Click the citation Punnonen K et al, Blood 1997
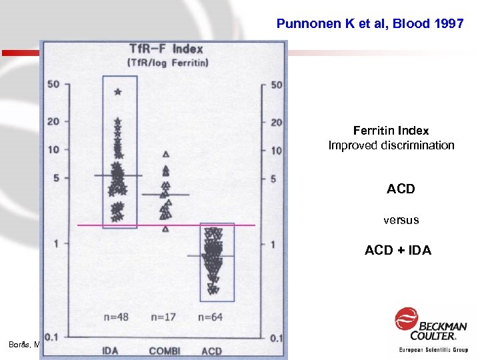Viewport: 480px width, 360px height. [370, 24]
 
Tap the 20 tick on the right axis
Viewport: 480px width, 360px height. [277, 122]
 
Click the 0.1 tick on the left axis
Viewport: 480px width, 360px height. [53, 338]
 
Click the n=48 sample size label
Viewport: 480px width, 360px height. [117, 316]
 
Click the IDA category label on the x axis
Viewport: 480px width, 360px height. [111, 349]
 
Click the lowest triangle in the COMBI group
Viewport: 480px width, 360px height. [165, 229]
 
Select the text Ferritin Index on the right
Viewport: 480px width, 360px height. [391, 131]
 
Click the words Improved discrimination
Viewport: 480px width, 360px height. [391, 145]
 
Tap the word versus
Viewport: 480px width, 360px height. [401, 219]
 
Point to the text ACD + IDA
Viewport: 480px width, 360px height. [397, 251]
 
